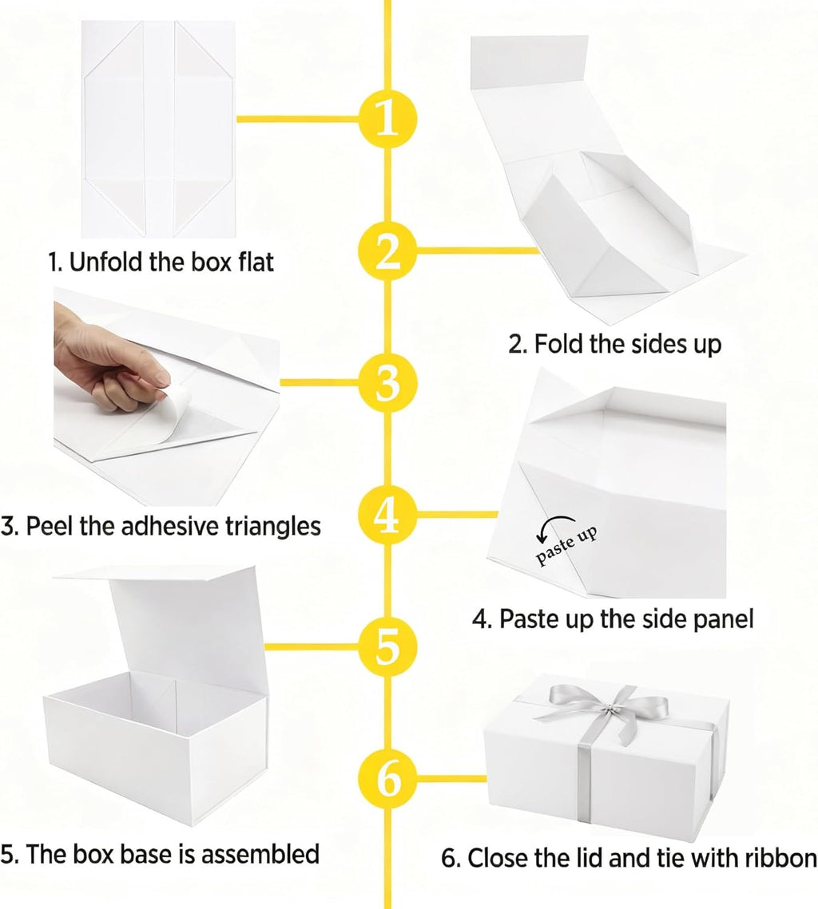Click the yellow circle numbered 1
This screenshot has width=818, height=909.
pyautogui.click(x=387, y=120)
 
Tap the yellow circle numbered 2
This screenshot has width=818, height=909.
pyautogui.click(x=387, y=251)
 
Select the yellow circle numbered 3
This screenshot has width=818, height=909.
pyautogui.click(x=387, y=382)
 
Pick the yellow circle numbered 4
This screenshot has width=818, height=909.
pyautogui.click(x=387, y=514)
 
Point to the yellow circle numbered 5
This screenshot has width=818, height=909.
pyautogui.click(x=387, y=646)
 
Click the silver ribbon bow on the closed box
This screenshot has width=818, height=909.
pyautogui.click(x=606, y=709)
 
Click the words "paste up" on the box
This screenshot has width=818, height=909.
pyautogui.click(x=566, y=546)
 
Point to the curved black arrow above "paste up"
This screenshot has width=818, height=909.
pyautogui.click(x=556, y=519)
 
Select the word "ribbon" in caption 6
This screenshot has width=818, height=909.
pyautogui.click(x=781, y=858)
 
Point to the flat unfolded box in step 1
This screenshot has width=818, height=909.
pyautogui.click(x=158, y=129)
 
